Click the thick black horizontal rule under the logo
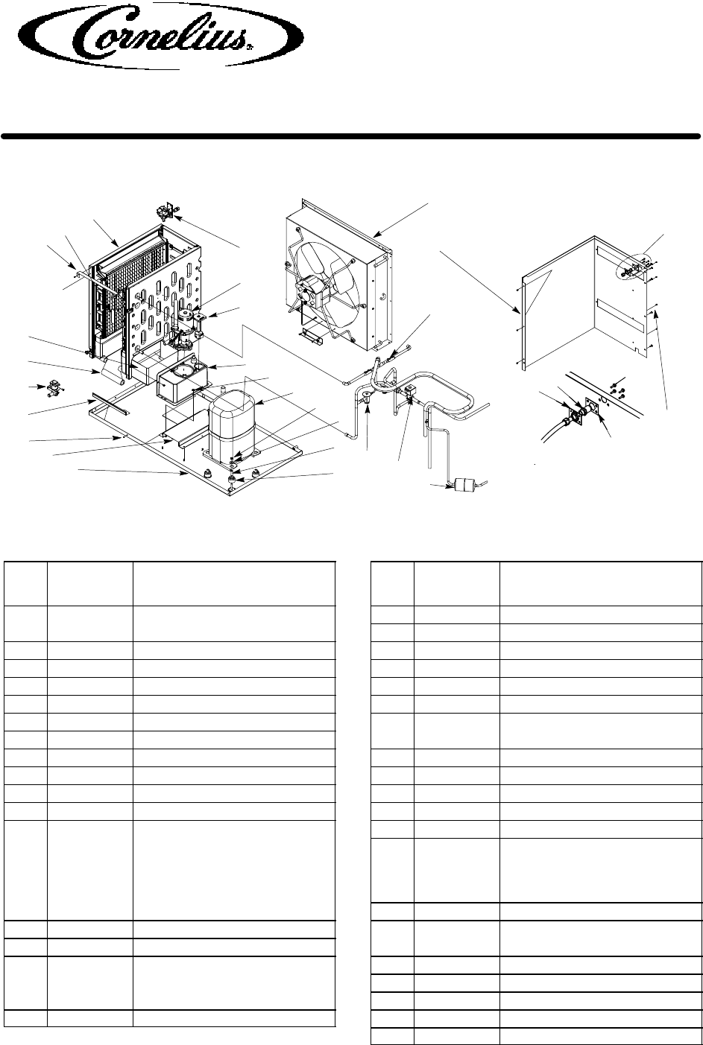click(x=350, y=136)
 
